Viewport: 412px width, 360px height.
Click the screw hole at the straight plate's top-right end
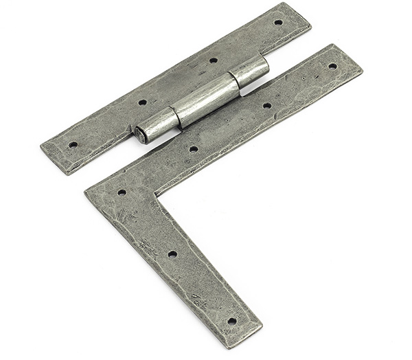[278, 22]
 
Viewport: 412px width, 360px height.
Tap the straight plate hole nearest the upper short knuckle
[214, 60]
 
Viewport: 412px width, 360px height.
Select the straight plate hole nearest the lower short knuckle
[143, 102]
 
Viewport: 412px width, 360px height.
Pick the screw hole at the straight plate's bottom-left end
[73, 145]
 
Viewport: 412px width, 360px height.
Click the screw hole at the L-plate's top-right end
[332, 67]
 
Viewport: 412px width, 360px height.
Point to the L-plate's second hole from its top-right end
[266, 106]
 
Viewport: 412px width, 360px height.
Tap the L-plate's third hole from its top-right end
[194, 148]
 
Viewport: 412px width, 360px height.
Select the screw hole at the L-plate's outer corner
[122, 192]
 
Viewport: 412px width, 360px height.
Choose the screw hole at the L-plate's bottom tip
[231, 320]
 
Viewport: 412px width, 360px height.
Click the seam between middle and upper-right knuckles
[234, 80]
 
